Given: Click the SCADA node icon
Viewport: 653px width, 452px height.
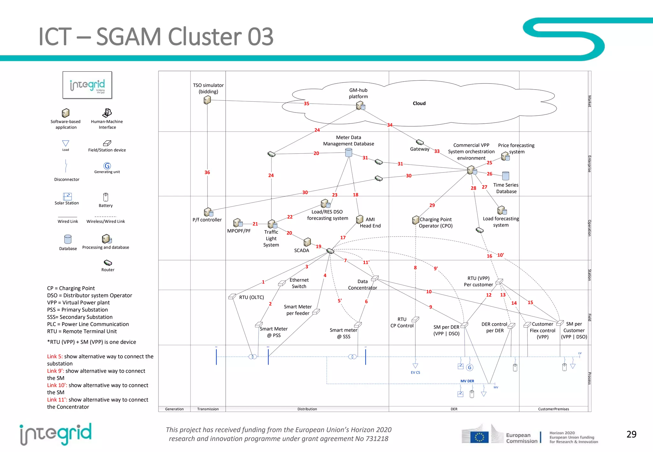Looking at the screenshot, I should [307, 242].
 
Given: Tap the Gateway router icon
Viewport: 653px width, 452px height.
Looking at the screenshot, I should [420, 142].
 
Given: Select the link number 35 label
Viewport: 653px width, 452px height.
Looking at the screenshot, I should [306, 104].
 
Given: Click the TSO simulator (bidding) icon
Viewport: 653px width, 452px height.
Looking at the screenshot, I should [207, 100].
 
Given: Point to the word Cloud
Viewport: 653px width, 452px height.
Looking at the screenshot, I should [419, 103].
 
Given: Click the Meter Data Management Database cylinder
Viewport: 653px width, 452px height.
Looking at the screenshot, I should [349, 153].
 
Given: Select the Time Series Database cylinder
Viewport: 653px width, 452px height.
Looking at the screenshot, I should [505, 176].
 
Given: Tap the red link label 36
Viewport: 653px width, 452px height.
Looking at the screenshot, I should [207, 172].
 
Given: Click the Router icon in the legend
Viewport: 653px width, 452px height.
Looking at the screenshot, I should [108, 263].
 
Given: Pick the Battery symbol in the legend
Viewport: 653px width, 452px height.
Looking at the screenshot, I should [106, 197].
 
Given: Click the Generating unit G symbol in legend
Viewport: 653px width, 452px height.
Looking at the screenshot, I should [107, 166].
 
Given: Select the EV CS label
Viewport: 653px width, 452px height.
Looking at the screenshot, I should [415, 372].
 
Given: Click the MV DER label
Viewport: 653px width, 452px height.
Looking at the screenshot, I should [467, 381].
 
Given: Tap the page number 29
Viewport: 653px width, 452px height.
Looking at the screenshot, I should [631, 434].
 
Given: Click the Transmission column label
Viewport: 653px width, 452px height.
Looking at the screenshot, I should [208, 409].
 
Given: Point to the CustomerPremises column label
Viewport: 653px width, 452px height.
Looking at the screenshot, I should [553, 409].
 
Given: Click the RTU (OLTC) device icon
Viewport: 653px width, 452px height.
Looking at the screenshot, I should [232, 296].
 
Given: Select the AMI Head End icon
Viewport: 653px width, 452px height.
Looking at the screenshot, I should [360, 219].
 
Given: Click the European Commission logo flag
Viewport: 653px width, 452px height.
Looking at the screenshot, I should [479, 437].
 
